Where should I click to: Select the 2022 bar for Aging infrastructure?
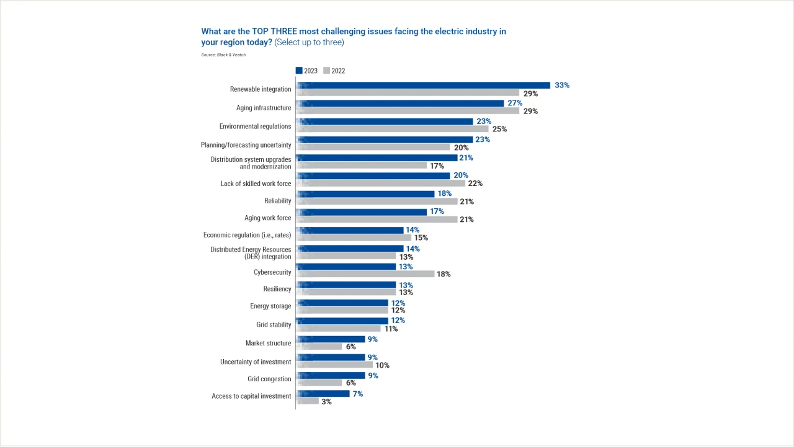click(x=408, y=111)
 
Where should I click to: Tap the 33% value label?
click(x=562, y=86)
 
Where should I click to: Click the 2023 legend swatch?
click(x=299, y=71)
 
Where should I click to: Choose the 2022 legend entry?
click(x=334, y=71)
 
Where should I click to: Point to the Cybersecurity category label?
click(x=272, y=272)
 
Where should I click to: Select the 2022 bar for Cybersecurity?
click(x=365, y=274)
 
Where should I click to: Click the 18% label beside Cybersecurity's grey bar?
click(x=444, y=274)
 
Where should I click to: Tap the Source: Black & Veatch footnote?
click(x=223, y=55)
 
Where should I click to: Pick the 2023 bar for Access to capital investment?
click(x=323, y=394)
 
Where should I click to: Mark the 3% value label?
click(x=326, y=402)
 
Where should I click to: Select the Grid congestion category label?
click(x=269, y=379)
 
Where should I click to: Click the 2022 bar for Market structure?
click(x=319, y=347)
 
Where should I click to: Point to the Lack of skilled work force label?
click(x=256, y=184)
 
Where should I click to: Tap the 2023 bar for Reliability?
click(x=365, y=194)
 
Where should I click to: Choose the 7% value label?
click(x=358, y=394)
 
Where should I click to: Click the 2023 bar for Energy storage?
click(x=342, y=303)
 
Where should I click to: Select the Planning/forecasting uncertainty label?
click(x=246, y=145)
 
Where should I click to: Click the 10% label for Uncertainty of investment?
click(x=382, y=365)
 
